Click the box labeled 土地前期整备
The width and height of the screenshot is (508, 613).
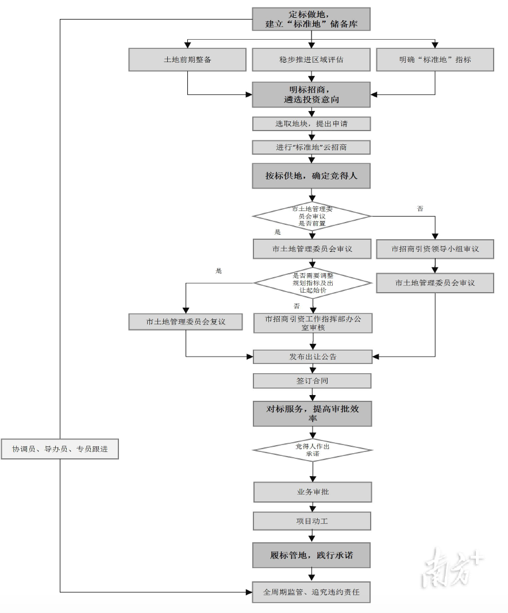(187, 59)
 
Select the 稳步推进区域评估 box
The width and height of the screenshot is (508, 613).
(311, 59)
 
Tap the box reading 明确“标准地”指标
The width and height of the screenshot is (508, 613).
(435, 59)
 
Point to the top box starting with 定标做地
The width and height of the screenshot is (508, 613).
(311, 19)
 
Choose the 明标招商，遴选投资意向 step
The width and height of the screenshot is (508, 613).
(311, 94)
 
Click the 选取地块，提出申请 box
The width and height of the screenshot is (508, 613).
(311, 124)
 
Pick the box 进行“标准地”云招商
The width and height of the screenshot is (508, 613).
(311, 147)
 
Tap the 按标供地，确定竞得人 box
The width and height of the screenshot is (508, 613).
(311, 175)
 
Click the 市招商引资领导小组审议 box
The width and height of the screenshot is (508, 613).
(435, 249)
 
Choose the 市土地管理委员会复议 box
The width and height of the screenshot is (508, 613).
(186, 321)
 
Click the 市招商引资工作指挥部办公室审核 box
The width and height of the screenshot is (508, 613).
(313, 323)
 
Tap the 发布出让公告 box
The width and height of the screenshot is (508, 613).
(313, 357)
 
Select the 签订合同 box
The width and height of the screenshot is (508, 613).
(312, 381)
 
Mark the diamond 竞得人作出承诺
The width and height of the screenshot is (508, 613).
(313, 450)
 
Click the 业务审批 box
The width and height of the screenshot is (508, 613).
(313, 492)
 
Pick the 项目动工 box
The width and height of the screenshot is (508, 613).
(312, 521)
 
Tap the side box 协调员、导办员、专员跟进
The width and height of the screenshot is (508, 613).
(60, 449)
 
